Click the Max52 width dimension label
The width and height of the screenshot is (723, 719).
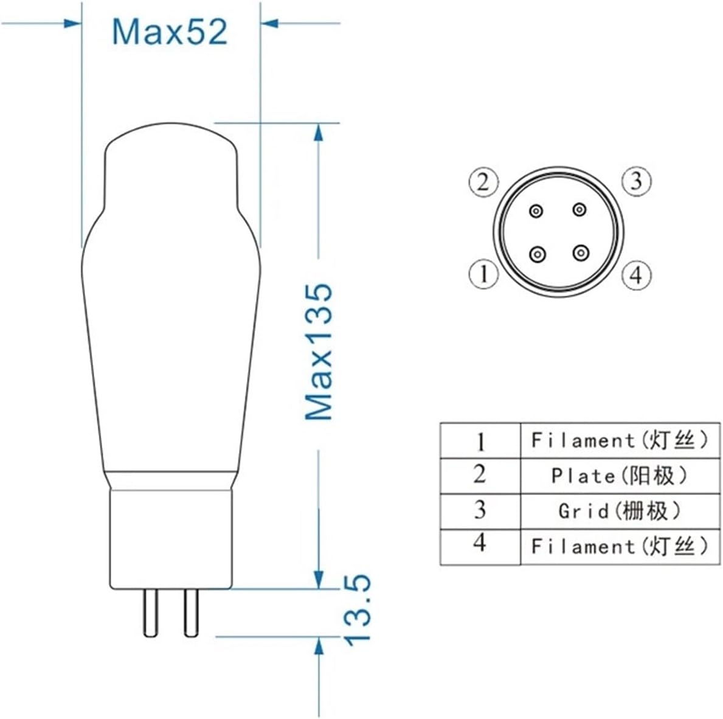170,32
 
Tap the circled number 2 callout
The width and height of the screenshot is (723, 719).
483,182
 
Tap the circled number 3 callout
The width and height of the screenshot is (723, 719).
636,181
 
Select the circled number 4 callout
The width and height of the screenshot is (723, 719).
636,275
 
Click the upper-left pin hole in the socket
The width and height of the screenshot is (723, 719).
536,211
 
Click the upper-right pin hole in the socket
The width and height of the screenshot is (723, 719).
579,210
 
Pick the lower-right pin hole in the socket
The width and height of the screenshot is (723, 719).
581,252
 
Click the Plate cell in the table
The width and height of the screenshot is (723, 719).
620,476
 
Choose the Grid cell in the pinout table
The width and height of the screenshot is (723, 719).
620,511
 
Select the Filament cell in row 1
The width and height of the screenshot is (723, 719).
620,440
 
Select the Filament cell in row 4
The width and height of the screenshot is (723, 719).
620,546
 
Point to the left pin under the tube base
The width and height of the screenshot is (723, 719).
150,613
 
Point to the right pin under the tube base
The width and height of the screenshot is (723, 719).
192,613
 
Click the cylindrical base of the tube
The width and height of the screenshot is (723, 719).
171,538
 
